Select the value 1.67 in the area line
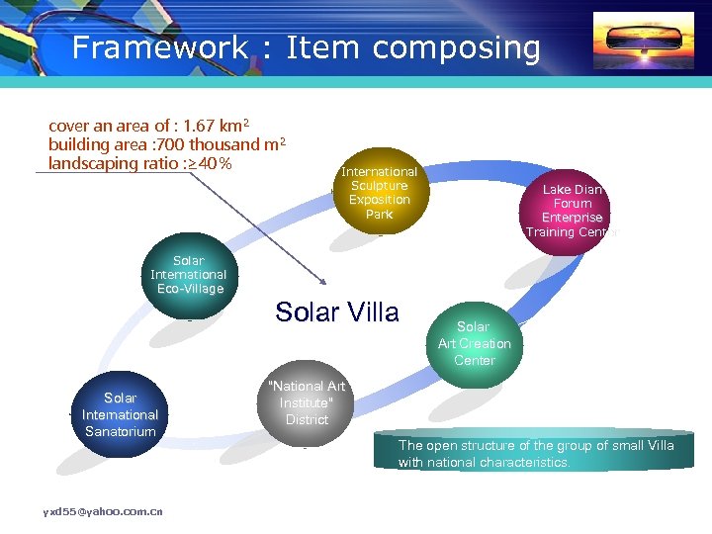coord(191,126)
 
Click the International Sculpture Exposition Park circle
coord(379,193)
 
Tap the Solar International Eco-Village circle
coord(188,275)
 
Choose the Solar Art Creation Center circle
coord(474,343)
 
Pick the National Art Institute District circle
coord(307,402)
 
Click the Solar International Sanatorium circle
coord(120,414)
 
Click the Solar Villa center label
coord(337,312)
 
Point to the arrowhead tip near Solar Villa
coord(324,285)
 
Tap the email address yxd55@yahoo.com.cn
coord(103,511)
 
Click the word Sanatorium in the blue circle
coord(120,431)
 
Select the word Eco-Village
coord(190,289)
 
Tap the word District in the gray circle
coord(307,419)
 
